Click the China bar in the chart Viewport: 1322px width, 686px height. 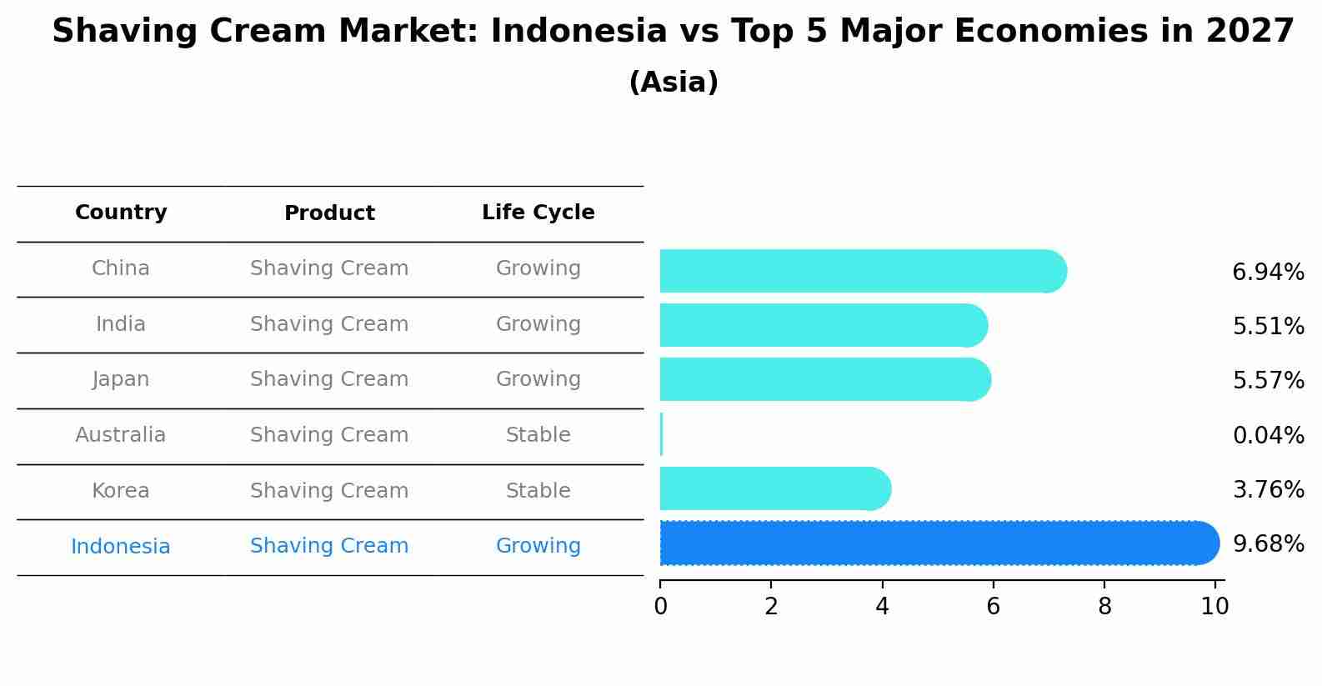tap(859, 271)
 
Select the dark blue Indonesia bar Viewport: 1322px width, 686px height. tap(934, 543)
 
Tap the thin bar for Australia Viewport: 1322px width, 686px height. tap(661, 434)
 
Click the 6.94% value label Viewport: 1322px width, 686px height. tap(1267, 273)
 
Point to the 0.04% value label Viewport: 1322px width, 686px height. tap(1267, 435)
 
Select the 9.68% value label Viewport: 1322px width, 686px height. tap(1267, 544)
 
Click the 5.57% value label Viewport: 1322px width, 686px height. tap(1267, 381)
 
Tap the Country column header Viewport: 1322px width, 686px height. tap(121, 213)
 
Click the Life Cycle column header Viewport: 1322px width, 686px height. tap(538, 213)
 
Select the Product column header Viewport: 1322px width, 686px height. tap(329, 213)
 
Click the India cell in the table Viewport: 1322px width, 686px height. tap(121, 324)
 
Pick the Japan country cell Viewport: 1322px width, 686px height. tap(121, 379)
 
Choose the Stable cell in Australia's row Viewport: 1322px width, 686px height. tap(538, 435)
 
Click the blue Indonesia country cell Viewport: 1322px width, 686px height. tap(121, 547)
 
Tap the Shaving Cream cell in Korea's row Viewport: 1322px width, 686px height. tap(329, 491)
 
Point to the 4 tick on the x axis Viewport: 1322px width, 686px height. tap(882, 606)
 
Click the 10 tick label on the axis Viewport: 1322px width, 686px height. tap(1214, 606)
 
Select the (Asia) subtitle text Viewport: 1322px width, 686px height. tap(673, 83)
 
